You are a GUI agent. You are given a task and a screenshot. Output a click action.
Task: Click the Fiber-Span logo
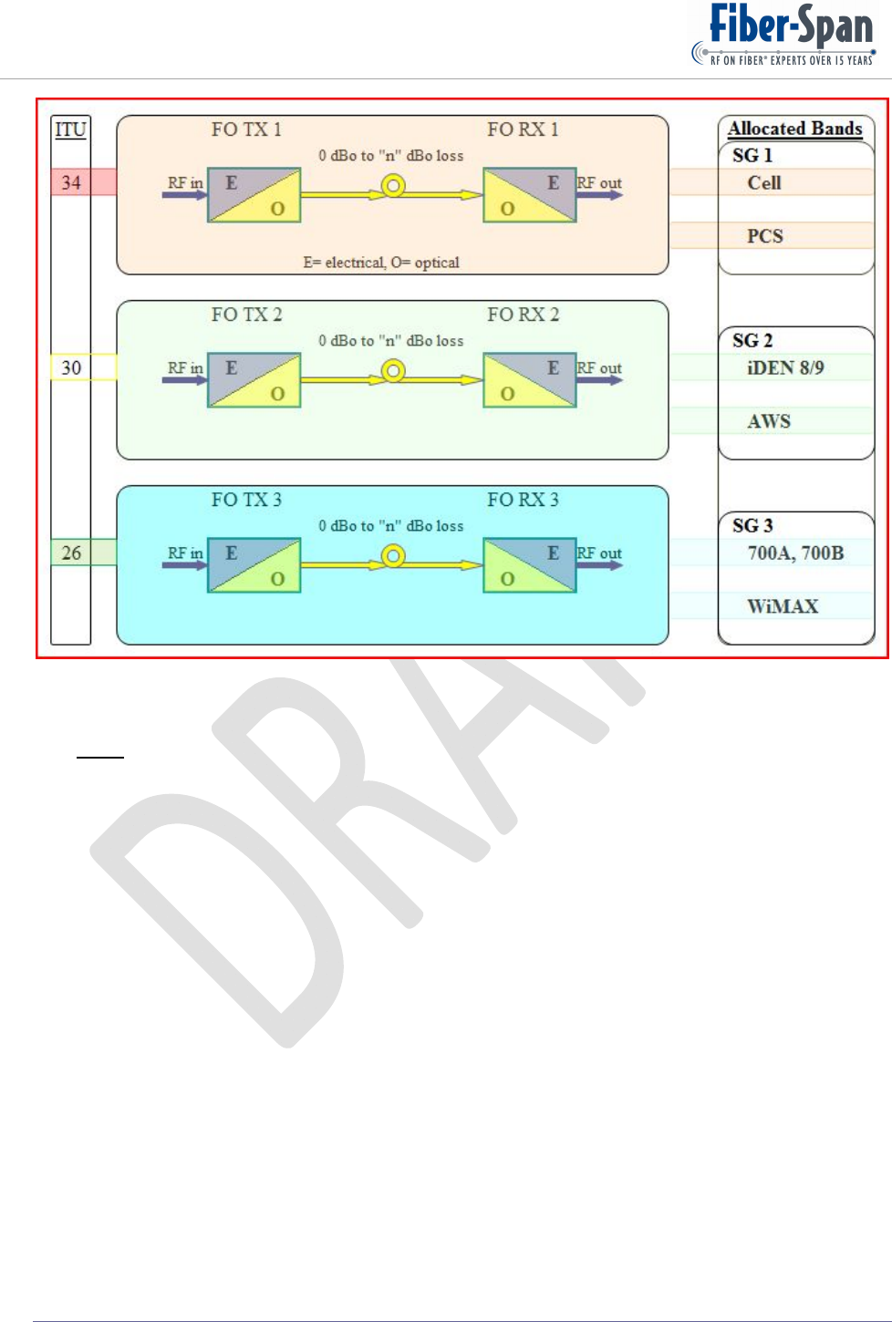[784, 35]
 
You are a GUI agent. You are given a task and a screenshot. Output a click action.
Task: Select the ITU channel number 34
[71, 182]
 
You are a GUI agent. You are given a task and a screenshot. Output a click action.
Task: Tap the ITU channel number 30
[71, 367]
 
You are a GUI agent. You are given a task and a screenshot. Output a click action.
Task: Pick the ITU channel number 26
[71, 553]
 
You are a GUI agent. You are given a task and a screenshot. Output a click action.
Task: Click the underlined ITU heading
[70, 129]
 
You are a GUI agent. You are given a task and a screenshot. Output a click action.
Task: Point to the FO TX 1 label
[246, 129]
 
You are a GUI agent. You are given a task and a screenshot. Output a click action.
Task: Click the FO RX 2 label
[523, 315]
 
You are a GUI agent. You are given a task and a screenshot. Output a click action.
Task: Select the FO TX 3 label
[246, 500]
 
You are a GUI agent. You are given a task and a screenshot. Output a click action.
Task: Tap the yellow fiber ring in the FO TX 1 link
[393, 186]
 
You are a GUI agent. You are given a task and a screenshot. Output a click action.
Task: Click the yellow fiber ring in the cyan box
[393, 555]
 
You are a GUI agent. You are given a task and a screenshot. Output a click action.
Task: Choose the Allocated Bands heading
[794, 129]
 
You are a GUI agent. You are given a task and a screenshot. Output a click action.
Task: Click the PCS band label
[765, 236]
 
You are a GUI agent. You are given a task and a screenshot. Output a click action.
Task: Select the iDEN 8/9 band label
[785, 367]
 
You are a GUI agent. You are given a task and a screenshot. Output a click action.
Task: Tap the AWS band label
[769, 421]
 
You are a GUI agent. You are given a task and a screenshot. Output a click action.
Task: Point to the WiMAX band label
[783, 606]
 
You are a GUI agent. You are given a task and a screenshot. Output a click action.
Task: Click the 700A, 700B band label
[795, 553]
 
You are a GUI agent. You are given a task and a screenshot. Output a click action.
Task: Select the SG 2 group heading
[752, 340]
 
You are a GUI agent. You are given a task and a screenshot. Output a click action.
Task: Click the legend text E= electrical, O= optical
[381, 263]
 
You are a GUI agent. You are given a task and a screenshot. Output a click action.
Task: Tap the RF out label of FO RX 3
[599, 553]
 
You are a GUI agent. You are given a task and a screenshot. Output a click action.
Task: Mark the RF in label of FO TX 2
[185, 368]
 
